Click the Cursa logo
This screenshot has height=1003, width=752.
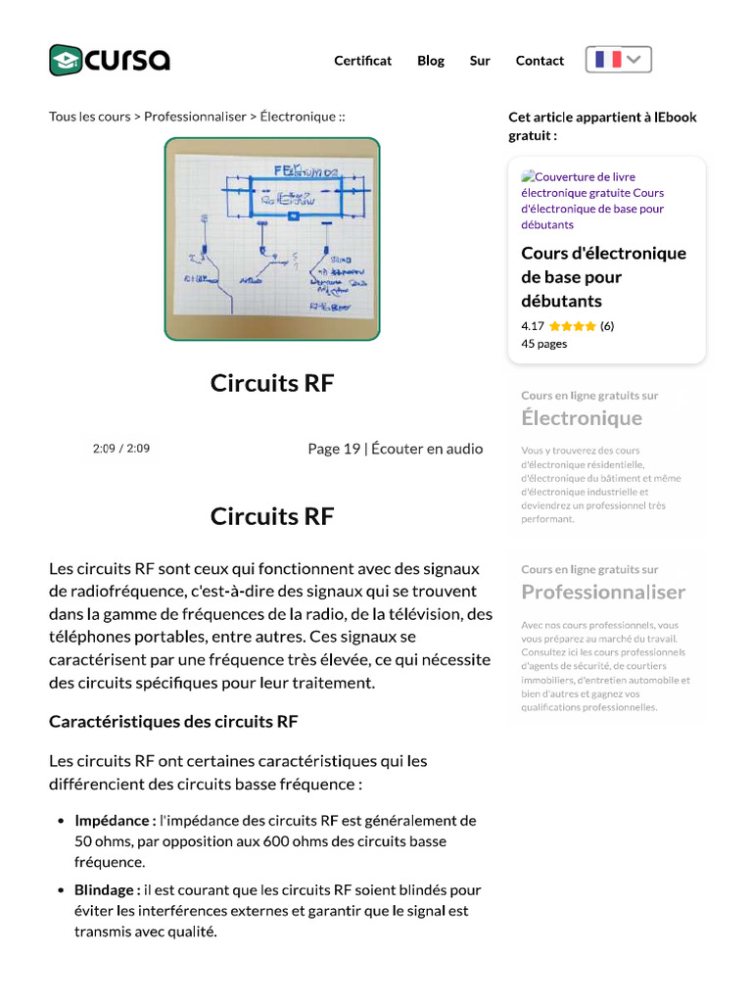click(x=110, y=60)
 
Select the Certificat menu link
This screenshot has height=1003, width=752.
click(x=362, y=61)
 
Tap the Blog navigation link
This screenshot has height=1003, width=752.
click(x=431, y=61)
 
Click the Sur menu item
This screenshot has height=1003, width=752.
click(x=480, y=61)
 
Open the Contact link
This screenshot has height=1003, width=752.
click(x=540, y=61)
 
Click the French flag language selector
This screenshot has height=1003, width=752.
click(x=619, y=60)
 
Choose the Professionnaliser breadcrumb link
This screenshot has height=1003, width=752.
click(x=195, y=117)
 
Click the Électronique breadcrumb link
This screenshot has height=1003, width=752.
click(x=298, y=117)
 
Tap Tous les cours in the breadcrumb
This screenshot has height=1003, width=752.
click(x=89, y=117)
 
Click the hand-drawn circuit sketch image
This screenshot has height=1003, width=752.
click(x=272, y=239)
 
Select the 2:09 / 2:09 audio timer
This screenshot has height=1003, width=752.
click(x=121, y=449)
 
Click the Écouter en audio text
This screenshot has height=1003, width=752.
click(x=427, y=449)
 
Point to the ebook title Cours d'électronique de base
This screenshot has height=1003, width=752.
click(x=603, y=277)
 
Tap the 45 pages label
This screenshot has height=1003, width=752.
click(x=544, y=344)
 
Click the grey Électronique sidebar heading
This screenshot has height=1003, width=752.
click(x=582, y=418)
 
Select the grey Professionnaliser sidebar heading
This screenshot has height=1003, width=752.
click(x=603, y=592)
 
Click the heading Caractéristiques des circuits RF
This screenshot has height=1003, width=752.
click(x=173, y=722)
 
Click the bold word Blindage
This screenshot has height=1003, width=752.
click(x=107, y=890)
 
